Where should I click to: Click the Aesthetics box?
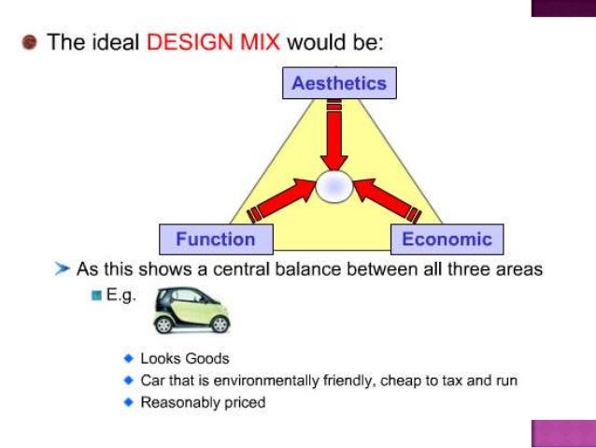click(339, 83)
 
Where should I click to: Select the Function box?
click(215, 238)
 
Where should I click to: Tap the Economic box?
click(447, 238)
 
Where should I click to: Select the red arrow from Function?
click(280, 202)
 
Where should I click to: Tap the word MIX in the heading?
click(254, 44)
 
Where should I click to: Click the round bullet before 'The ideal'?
click(31, 44)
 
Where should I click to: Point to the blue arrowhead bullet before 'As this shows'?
click(62, 269)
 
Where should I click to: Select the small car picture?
click(191, 310)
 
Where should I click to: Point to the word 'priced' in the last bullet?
click(246, 403)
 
